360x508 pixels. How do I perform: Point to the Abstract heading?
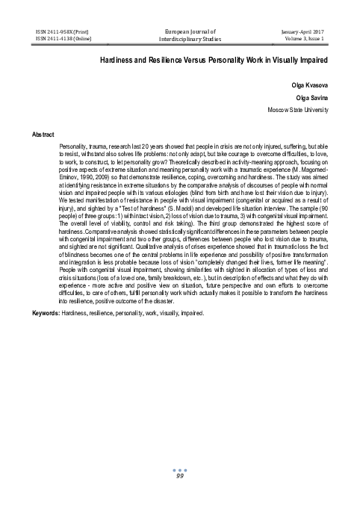pyautogui.click(x=43, y=134)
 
